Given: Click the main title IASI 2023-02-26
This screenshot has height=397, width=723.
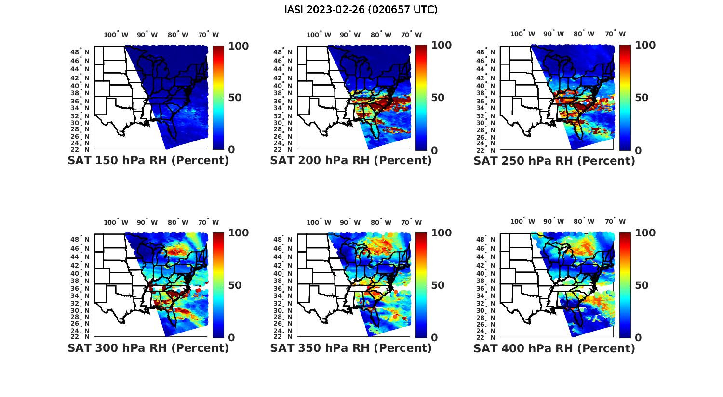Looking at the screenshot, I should [361, 10].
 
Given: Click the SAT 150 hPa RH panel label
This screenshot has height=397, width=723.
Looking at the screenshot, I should [148, 160].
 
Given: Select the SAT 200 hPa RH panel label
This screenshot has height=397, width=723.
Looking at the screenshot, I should [351, 160].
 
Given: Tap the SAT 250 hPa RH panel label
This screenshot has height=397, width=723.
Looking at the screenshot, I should [554, 160].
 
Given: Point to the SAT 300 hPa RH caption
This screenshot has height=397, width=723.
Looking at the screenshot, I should [148, 347].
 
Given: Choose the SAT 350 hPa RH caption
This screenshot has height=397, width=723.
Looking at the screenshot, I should [351, 347].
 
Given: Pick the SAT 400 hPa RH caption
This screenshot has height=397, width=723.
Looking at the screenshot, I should [554, 347].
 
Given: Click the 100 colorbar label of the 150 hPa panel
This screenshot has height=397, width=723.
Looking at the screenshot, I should [238, 46].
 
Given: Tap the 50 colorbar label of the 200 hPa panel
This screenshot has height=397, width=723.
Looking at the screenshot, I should [438, 98].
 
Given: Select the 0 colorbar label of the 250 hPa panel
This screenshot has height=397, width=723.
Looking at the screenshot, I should [638, 150].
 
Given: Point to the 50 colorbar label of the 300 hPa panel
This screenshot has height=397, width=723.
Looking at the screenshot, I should [235, 285].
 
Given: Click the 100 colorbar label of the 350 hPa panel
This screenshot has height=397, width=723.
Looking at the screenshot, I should [441, 233].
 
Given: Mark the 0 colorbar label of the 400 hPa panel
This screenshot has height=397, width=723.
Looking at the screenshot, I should [638, 337].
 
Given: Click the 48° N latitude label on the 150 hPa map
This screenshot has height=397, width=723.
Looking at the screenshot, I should [80, 51].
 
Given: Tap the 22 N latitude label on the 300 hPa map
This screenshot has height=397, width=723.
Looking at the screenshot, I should [80, 336].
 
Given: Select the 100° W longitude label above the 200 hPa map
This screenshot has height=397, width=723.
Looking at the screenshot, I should [319, 35].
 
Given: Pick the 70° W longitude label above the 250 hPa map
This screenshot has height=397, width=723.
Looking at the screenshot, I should [615, 34].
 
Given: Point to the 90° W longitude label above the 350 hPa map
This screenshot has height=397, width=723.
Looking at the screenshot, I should [350, 222].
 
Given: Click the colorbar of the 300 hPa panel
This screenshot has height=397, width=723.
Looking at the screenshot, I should [218, 285].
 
